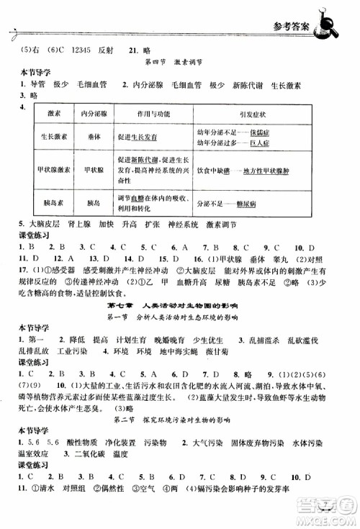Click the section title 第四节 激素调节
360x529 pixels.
179,63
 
